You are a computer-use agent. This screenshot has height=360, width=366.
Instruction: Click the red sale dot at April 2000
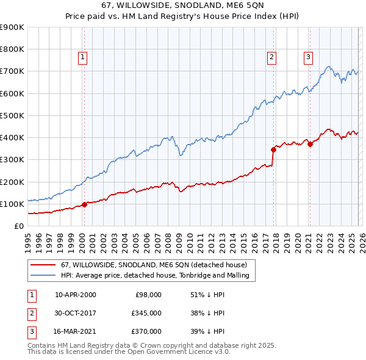point(84,204)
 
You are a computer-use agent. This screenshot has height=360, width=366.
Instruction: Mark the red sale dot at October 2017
point(273,149)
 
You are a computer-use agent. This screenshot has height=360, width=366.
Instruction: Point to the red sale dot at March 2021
point(310,144)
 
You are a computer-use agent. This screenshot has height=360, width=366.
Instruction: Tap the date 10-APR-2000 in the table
point(76,295)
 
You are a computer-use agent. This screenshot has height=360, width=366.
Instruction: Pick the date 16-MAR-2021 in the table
point(76,331)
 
